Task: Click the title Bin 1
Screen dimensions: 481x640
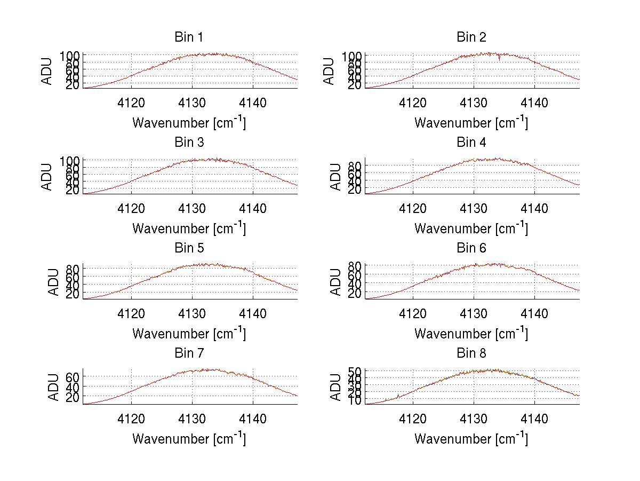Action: tap(188, 37)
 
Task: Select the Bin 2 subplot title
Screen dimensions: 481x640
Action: tap(471, 37)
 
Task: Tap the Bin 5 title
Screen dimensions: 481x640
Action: tap(188, 248)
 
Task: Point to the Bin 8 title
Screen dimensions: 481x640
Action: tap(471, 353)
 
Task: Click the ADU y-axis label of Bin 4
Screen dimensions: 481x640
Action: tap(336, 177)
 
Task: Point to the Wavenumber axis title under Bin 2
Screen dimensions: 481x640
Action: tap(471, 123)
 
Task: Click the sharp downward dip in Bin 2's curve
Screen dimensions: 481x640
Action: tap(499, 59)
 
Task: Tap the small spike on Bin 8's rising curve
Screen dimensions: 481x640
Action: tap(398, 396)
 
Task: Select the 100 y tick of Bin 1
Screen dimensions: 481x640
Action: tap(69, 56)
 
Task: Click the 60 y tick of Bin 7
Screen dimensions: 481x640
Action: tap(73, 377)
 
